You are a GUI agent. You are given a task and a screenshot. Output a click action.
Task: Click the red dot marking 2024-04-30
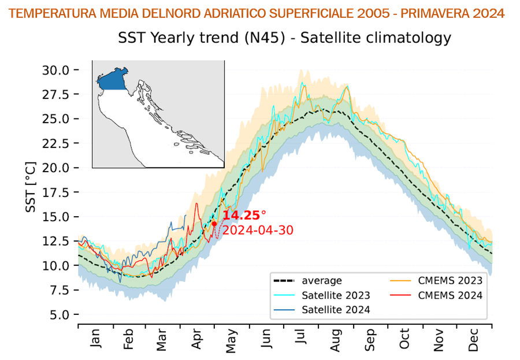coord(214,224)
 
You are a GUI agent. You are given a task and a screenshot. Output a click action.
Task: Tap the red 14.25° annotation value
coord(244,216)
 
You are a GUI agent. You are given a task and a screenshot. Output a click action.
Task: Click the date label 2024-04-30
coord(258,230)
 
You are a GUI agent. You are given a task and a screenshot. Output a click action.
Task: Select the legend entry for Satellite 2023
coord(335,295)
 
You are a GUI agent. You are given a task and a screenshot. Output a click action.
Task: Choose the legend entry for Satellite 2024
coord(335,309)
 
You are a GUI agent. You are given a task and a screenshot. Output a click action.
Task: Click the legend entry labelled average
coord(321,281)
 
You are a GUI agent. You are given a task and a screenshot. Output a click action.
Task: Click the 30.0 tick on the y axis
coord(55,70)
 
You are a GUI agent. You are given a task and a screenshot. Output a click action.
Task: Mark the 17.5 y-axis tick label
coord(55,192)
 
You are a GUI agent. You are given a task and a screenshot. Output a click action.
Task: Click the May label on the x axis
coord(232,341)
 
